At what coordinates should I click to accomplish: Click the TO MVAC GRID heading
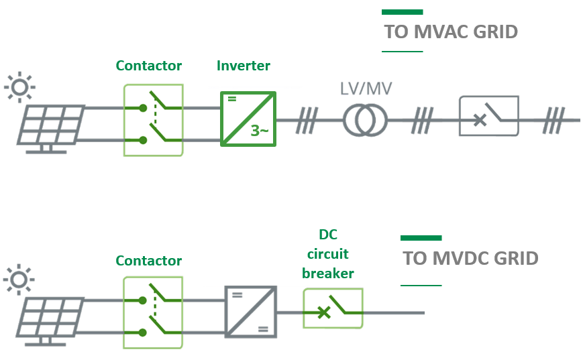(450, 32)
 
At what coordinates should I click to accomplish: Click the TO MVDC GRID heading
(470, 259)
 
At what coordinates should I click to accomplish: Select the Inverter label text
(243, 66)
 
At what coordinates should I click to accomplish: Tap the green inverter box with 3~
(248, 119)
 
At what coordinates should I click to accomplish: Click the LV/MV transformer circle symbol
(366, 121)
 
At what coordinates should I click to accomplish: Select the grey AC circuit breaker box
(488, 116)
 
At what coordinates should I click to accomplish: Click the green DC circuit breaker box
(332, 308)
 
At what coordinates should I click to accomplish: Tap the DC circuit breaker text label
(327, 254)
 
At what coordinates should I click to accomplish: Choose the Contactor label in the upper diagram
(148, 66)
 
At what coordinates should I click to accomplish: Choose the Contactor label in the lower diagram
(148, 261)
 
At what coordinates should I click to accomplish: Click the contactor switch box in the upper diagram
(153, 120)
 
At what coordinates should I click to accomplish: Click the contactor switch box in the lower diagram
(153, 314)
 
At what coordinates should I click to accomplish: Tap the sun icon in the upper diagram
(19, 86)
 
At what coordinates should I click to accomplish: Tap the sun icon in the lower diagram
(19, 280)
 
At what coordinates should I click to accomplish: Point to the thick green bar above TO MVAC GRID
(402, 11)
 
